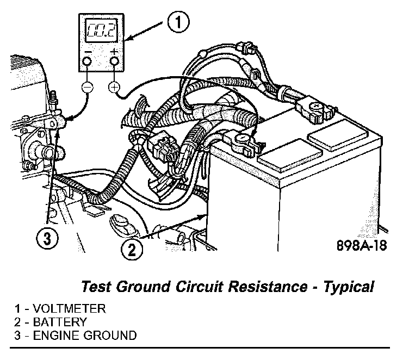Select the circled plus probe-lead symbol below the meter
click(114, 87)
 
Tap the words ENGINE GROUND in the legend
click(85, 335)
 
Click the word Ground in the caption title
click(136, 286)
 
